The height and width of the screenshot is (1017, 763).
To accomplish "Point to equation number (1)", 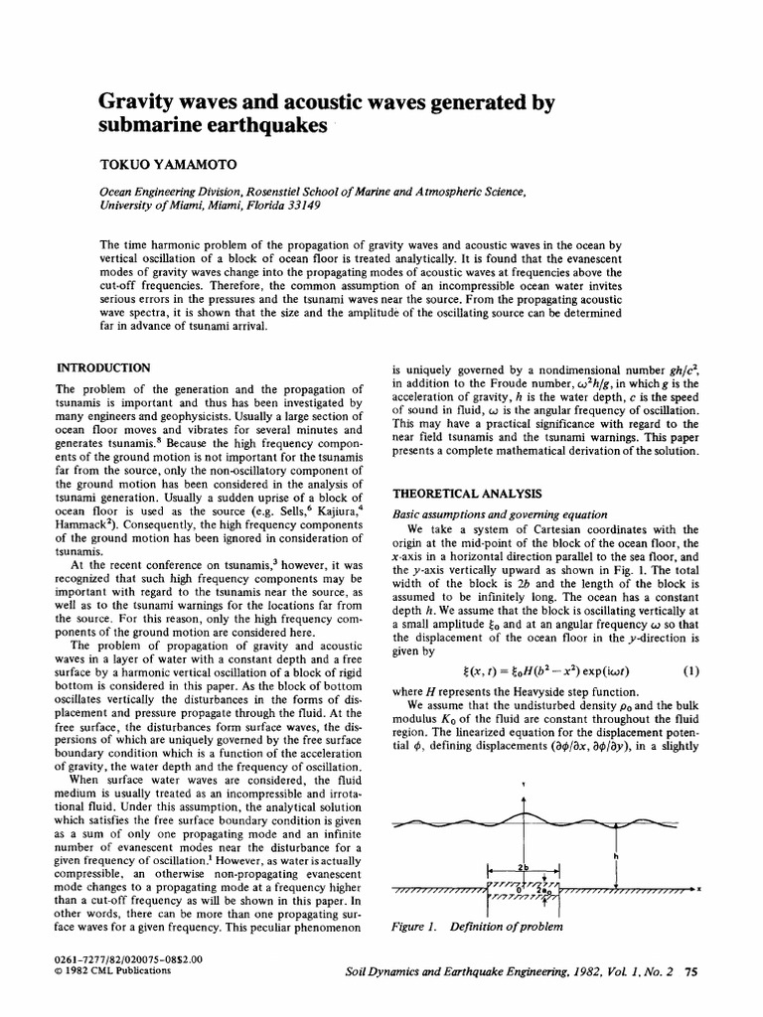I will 691,669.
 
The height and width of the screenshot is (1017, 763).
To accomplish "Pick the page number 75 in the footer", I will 692,973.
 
